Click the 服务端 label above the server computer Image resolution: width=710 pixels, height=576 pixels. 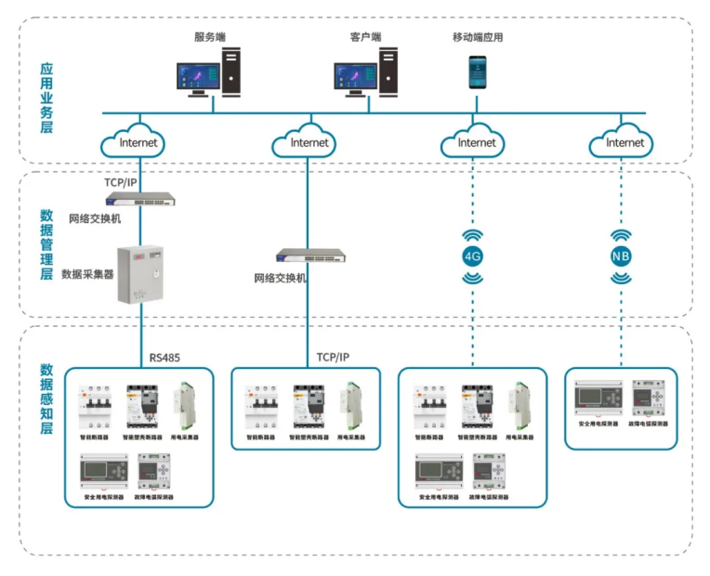click(210, 37)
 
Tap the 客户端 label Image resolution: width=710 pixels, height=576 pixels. click(365, 37)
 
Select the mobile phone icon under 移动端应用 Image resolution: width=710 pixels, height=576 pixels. click(477, 72)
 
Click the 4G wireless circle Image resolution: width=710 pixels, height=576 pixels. click(473, 256)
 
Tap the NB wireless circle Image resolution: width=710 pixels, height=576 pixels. click(621, 256)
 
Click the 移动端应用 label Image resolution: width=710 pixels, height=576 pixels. click(478, 37)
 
